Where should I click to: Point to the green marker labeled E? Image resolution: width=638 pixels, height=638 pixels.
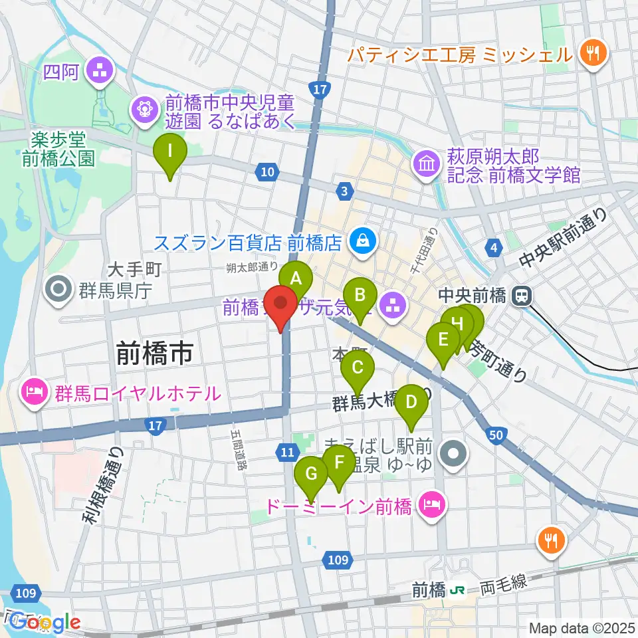(x=443, y=344)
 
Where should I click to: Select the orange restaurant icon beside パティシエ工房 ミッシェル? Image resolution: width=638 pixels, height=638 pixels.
(x=589, y=54)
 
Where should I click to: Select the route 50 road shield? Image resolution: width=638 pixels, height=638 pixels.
(x=494, y=435)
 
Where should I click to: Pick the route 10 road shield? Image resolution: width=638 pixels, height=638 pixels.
(x=267, y=173)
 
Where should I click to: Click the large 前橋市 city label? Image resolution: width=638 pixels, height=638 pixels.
(x=155, y=352)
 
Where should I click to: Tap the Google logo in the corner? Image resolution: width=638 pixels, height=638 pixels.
(x=45, y=622)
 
